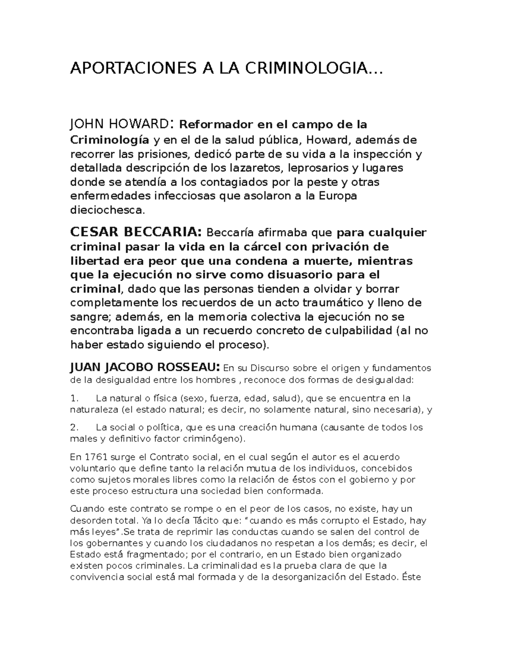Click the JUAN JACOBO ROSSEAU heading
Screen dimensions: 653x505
pyautogui.click(x=144, y=368)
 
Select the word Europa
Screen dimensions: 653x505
pyautogui.click(x=338, y=196)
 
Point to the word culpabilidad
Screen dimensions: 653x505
pyautogui.click(x=360, y=330)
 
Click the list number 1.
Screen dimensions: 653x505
pyautogui.click(x=74, y=398)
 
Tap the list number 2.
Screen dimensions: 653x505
pyautogui.click(x=74, y=428)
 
